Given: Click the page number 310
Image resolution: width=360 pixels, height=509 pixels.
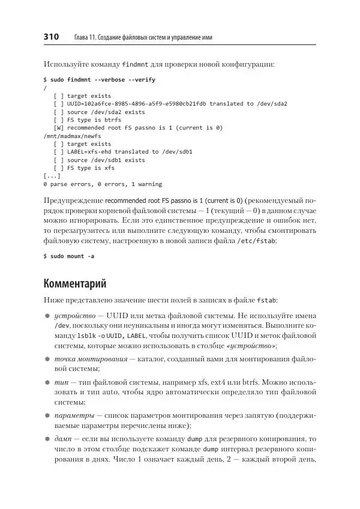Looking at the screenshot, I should pos(51,37).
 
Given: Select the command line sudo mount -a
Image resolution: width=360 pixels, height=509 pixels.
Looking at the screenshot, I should pos(69,256).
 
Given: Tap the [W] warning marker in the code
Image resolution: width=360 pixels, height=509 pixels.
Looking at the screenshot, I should pos(58,127).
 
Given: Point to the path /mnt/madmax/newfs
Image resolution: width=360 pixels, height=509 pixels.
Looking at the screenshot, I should pos(68,136).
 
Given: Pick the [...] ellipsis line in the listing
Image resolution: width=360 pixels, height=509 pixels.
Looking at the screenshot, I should pos(52,176).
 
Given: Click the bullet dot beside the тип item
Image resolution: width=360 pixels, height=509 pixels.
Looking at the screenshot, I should pos(47,382).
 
